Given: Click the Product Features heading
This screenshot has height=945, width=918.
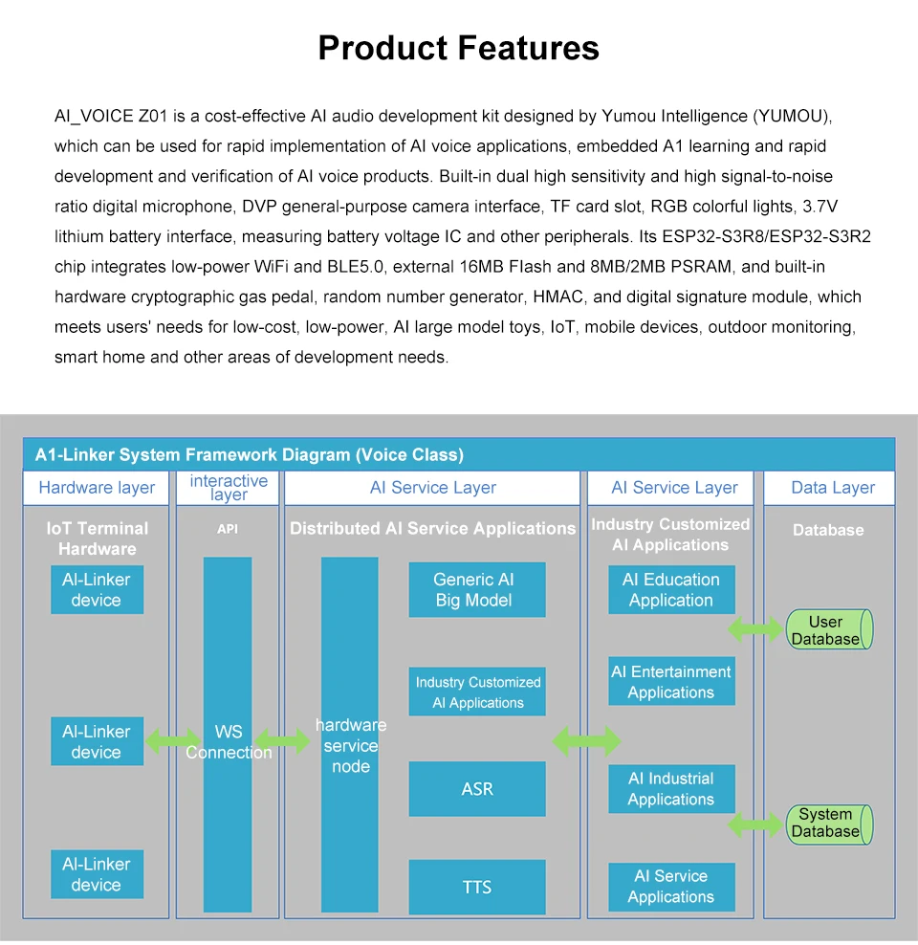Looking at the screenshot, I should point(459,48).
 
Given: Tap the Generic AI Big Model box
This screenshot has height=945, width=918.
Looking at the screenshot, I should point(476,590).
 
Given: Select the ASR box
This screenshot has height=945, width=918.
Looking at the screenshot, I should point(476,789).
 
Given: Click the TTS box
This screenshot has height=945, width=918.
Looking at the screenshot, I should point(476,888).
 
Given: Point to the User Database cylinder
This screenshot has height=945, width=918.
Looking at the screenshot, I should point(827,630).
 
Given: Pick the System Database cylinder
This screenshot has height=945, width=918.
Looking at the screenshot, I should point(827,823).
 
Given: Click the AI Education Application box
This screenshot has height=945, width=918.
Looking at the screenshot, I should point(671,590).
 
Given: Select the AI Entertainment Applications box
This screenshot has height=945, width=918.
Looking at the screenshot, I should point(671,682).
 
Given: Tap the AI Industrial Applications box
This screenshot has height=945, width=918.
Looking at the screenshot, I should point(671,789).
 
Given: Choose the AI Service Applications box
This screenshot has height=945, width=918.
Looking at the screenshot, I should point(671,887).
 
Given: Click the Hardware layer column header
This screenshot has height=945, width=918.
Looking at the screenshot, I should point(97,488).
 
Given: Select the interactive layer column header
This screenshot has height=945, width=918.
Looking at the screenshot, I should point(229,488).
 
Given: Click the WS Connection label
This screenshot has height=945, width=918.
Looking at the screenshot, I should point(229,742).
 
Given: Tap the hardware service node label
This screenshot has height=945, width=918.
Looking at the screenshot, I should point(350,746).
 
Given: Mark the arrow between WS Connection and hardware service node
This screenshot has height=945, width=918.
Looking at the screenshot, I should point(283,741).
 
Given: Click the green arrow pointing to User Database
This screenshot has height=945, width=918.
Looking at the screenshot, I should point(755,629).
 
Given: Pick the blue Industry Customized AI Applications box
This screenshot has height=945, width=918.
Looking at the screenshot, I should point(477,692).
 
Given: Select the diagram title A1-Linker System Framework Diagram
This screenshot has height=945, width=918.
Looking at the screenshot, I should point(249,455).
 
